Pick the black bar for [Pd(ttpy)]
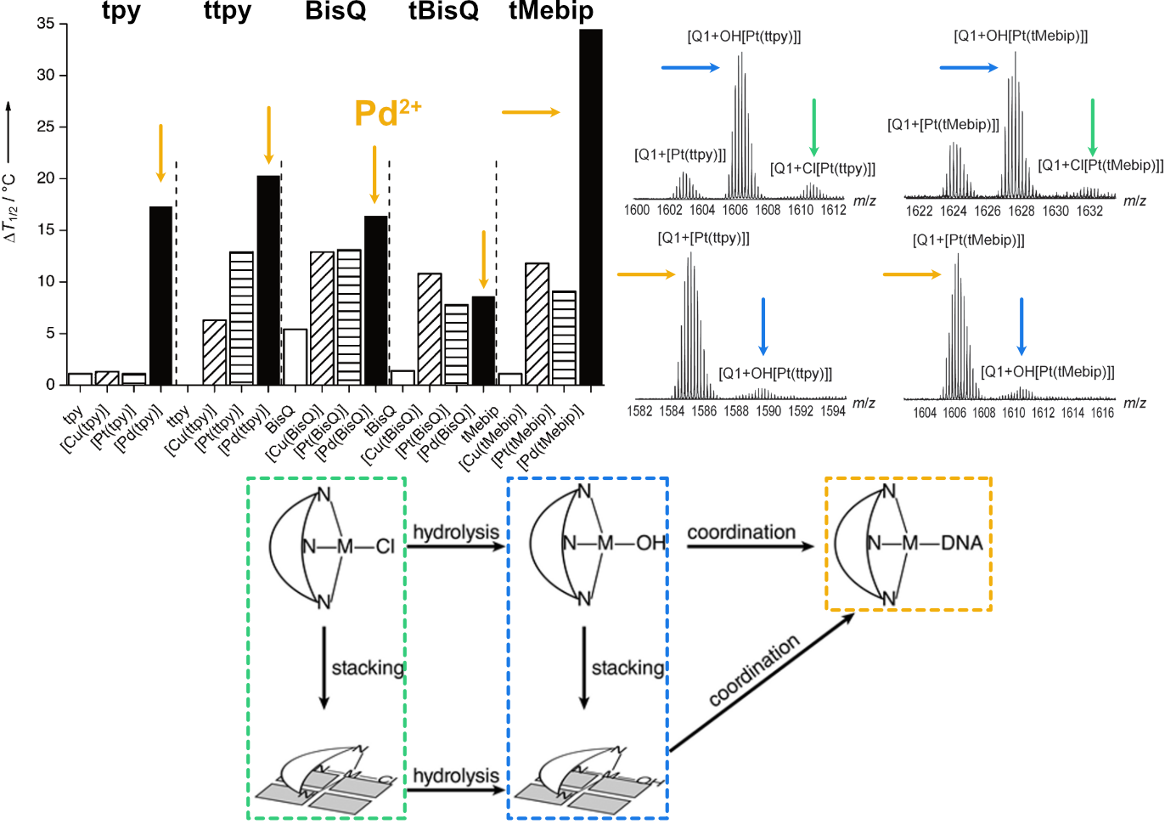[268, 279]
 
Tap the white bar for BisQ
[295, 357]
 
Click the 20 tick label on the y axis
[45, 178]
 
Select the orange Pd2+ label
[387, 113]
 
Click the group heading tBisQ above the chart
[443, 11]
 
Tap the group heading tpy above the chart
[121, 11]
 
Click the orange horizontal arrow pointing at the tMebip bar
[531, 112]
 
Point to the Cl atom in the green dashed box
[386, 546]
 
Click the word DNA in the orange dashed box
[961, 543]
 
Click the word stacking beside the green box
[368, 668]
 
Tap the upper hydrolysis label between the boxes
[456, 533]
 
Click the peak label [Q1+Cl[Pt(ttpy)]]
[822, 168]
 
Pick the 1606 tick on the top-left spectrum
[735, 210]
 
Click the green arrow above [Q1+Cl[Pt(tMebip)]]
[1092, 127]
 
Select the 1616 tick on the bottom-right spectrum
[1102, 413]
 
